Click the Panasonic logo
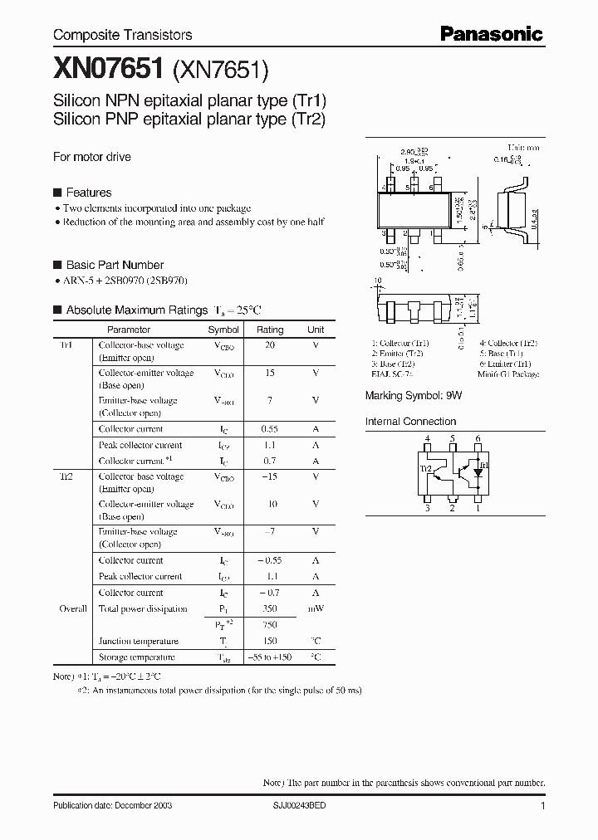[491, 34]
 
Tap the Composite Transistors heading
[123, 35]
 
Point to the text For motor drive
[92, 157]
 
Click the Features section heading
[88, 193]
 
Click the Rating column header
[270, 330]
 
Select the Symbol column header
[223, 330]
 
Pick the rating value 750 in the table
[270, 625]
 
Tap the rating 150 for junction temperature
[270, 641]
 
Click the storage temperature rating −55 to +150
[270, 657]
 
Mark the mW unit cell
[316, 608]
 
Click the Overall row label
[73, 608]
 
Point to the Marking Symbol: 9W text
[413, 397]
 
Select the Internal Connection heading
[410, 422]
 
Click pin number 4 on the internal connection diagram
[427, 438]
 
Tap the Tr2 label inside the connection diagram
[427, 469]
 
